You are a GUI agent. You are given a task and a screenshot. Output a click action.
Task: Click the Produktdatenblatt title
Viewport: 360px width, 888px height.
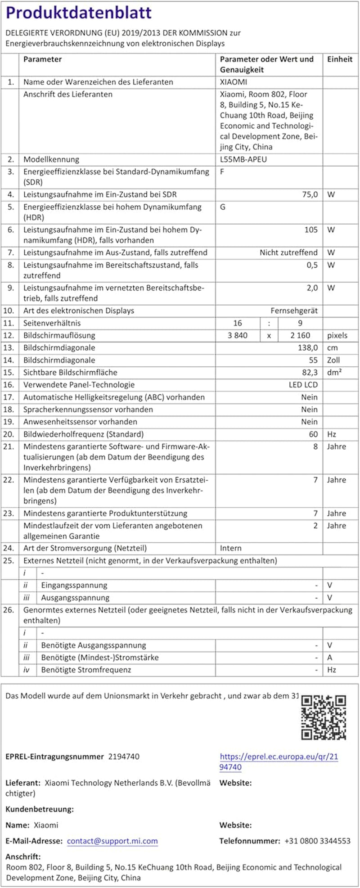[79, 13]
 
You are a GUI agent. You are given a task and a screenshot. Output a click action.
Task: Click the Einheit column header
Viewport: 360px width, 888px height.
[340, 59]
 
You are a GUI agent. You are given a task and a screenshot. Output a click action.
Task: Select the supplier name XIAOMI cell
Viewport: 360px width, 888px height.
[234, 82]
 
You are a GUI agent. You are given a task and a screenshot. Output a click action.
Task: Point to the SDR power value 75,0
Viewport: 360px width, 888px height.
[310, 194]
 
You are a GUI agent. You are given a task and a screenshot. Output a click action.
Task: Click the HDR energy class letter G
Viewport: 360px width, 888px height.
[223, 207]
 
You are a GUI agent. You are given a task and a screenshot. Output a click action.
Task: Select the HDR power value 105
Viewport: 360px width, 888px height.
[311, 230]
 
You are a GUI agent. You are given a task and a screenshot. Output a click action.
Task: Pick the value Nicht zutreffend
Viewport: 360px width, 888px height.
[288, 252]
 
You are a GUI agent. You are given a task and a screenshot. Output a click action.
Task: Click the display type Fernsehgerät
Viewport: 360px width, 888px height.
[294, 311]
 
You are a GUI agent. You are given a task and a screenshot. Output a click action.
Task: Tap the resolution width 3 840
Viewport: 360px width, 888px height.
[238, 335]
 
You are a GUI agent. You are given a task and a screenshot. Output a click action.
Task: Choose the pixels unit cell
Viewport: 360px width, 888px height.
[337, 335]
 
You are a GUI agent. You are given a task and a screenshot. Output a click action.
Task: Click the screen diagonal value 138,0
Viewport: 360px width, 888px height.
[308, 347]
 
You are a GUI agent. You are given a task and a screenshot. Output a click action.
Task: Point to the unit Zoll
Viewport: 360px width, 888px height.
[334, 360]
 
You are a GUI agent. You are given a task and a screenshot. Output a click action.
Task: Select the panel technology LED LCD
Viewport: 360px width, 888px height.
[303, 385]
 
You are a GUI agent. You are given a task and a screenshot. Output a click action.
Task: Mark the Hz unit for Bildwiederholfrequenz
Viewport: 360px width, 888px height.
[332, 434]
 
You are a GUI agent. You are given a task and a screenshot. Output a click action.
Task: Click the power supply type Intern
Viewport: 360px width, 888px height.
[231, 548]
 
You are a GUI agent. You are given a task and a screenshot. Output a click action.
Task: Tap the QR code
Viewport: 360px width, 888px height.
[324, 717]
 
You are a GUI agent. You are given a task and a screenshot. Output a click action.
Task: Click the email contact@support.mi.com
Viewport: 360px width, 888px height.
[112, 841]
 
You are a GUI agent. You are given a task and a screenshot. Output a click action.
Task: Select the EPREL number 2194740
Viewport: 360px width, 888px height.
[124, 757]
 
